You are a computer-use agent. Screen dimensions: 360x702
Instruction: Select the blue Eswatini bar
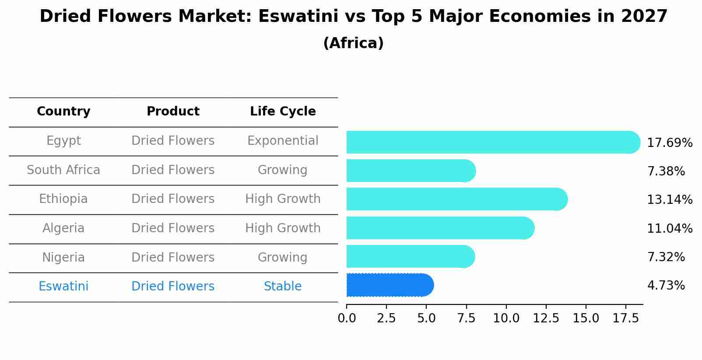[390, 285]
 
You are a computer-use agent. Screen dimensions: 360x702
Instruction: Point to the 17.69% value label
[669, 143]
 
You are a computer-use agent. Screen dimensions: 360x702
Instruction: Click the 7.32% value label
[666, 257]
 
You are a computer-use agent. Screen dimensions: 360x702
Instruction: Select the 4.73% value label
[666, 286]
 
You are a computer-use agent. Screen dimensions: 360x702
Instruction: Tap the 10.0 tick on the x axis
[506, 318]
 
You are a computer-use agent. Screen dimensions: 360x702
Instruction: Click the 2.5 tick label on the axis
[386, 318]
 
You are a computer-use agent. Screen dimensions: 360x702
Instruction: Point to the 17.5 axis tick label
[625, 318]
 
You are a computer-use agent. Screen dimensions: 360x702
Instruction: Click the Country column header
[63, 112]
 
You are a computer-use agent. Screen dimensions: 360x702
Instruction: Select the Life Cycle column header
[283, 112]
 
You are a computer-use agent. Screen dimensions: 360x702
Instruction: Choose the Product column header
[173, 112]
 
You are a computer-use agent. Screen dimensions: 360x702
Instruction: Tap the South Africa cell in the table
[63, 170]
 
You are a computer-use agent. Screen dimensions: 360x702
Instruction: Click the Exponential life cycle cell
[283, 141]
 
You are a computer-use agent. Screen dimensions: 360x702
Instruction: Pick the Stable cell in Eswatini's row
[283, 287]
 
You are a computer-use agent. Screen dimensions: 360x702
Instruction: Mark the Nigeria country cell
[63, 258]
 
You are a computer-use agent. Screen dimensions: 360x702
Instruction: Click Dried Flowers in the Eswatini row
[173, 287]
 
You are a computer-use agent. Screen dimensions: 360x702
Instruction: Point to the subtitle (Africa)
[353, 43]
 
